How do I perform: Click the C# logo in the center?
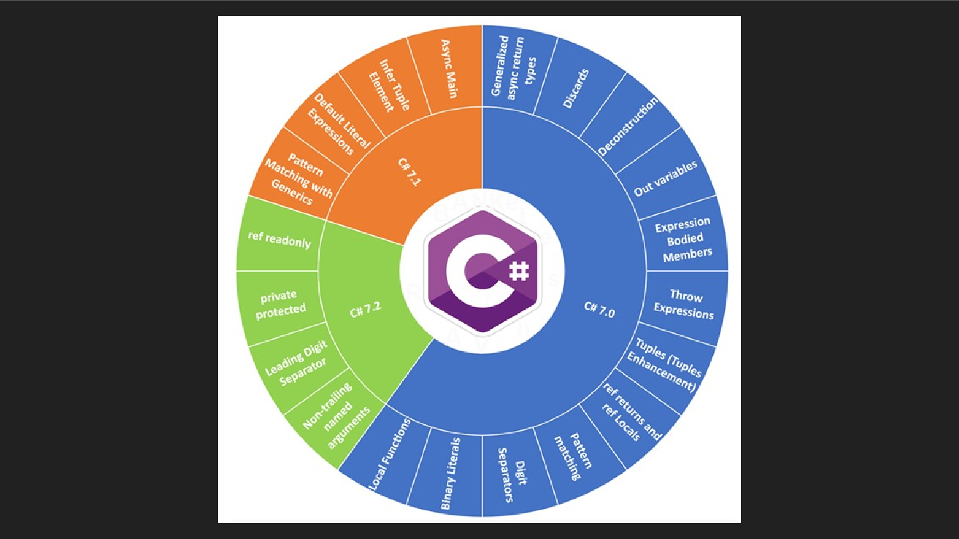coord(482,271)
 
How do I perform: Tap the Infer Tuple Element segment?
coord(389,86)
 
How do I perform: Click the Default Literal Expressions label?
coord(339,124)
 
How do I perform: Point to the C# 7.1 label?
coord(409,171)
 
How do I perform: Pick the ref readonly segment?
coord(279,239)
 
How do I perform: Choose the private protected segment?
coord(280,303)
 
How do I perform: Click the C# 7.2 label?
coord(366,310)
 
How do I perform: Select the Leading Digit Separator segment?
coord(297,362)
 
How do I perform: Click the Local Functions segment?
coord(389,455)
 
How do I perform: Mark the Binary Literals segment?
coord(450,473)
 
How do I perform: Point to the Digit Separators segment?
coord(513,474)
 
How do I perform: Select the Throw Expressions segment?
coord(684,304)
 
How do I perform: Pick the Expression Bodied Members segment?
coord(684,239)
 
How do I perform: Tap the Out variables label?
coord(665,179)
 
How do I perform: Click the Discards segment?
coord(575,88)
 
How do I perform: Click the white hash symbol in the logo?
coord(520,272)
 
